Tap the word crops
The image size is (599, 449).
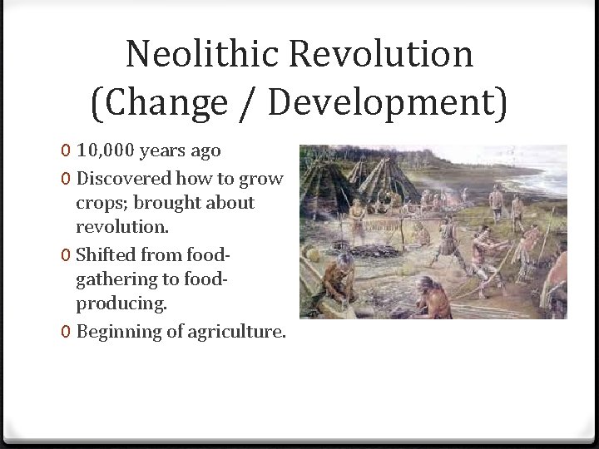tap(99, 204)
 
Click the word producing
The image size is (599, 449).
tap(121, 305)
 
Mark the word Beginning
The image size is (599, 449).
tap(115, 332)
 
